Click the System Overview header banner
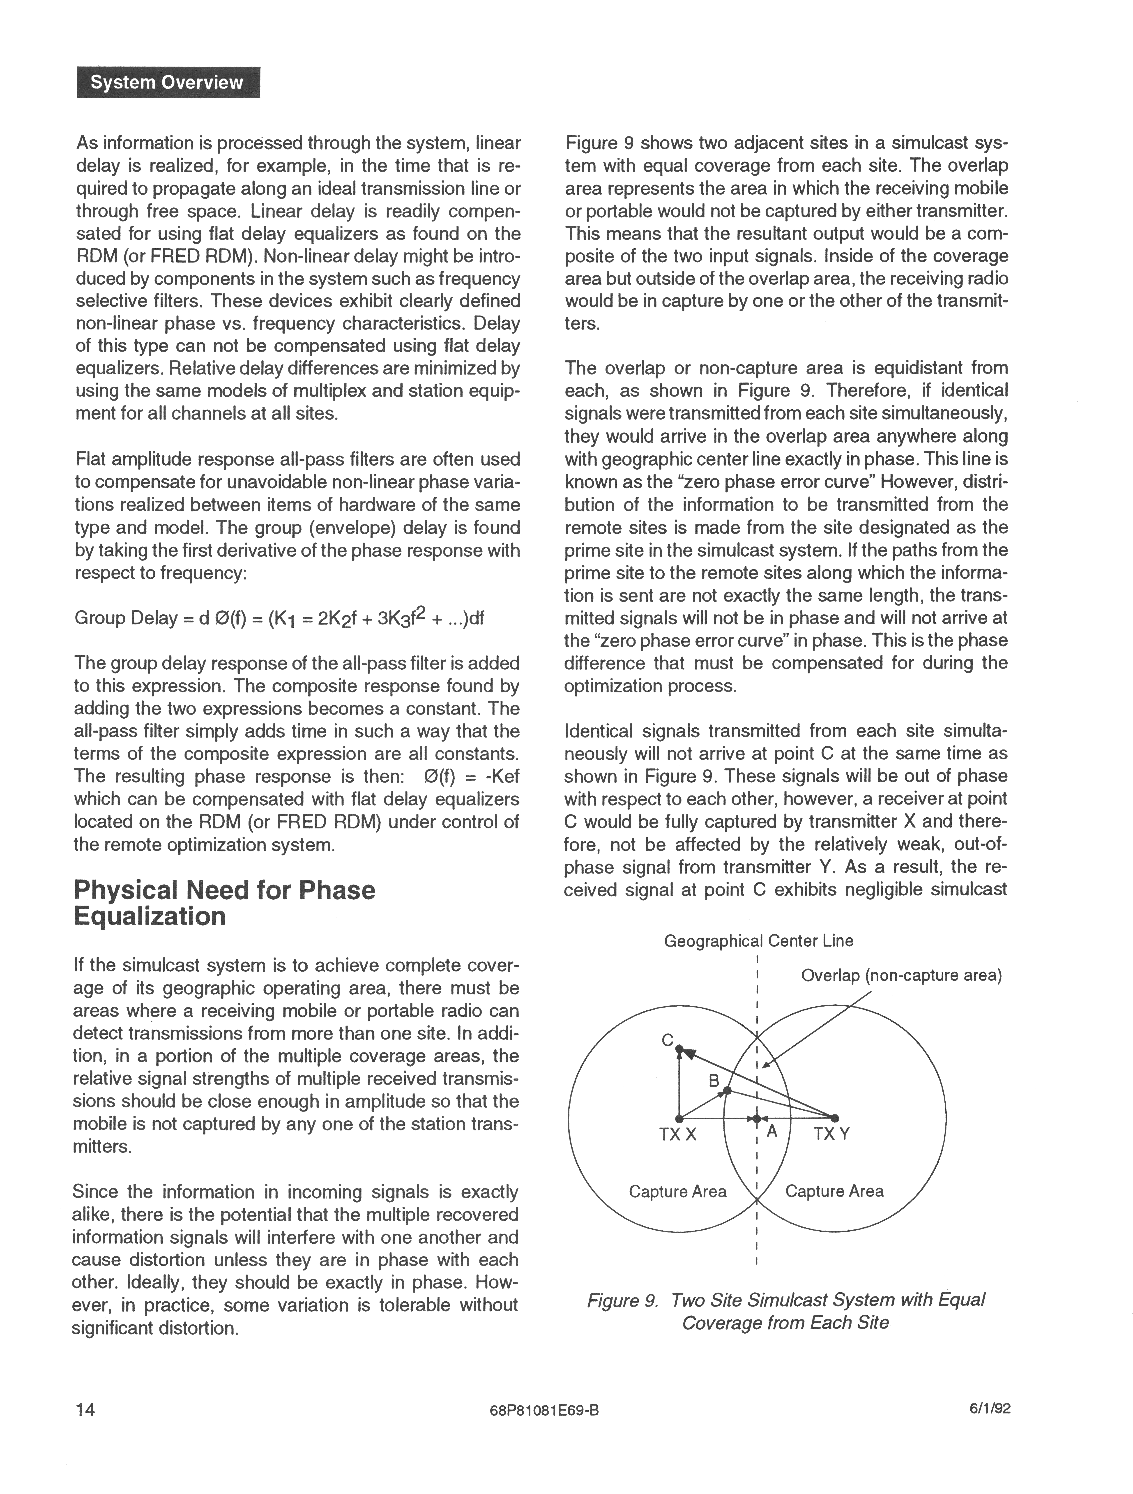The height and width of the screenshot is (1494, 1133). [x=168, y=82]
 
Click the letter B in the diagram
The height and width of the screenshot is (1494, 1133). [x=714, y=1081]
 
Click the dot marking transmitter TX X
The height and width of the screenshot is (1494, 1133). [x=679, y=1118]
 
